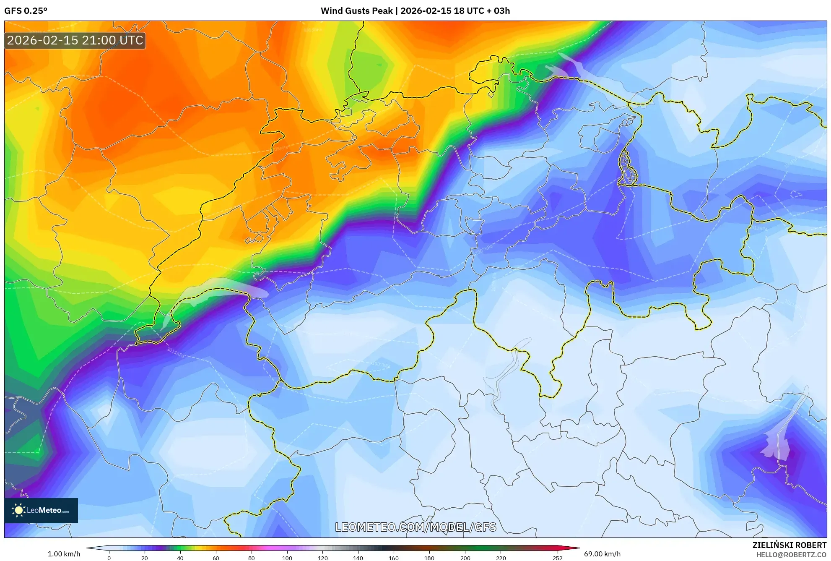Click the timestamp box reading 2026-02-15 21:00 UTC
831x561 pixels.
pyautogui.click(x=75, y=40)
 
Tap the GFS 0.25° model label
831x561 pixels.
pyautogui.click(x=26, y=11)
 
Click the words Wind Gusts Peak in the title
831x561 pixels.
pyautogui.click(x=356, y=11)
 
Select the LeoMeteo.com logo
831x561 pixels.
pyautogui.click(x=41, y=510)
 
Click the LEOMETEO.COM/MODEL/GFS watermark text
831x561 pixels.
pyautogui.click(x=415, y=527)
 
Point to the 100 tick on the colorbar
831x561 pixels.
pyautogui.click(x=287, y=558)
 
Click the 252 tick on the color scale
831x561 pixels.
pyautogui.click(x=557, y=558)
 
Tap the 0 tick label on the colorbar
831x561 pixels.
pyautogui.click(x=109, y=558)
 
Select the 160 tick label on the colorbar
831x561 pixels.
pyautogui.click(x=393, y=558)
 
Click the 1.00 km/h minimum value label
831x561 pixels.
pyautogui.click(x=64, y=554)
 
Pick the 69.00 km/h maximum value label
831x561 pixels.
pyautogui.click(x=602, y=554)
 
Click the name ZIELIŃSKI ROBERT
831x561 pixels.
pyautogui.click(x=789, y=545)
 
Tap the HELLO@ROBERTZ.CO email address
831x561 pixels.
pyautogui.click(x=791, y=555)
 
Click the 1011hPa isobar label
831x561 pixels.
pyautogui.click(x=176, y=352)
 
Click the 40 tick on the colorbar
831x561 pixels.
pyautogui.click(x=180, y=558)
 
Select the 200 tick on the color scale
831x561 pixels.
pyautogui.click(x=465, y=558)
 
